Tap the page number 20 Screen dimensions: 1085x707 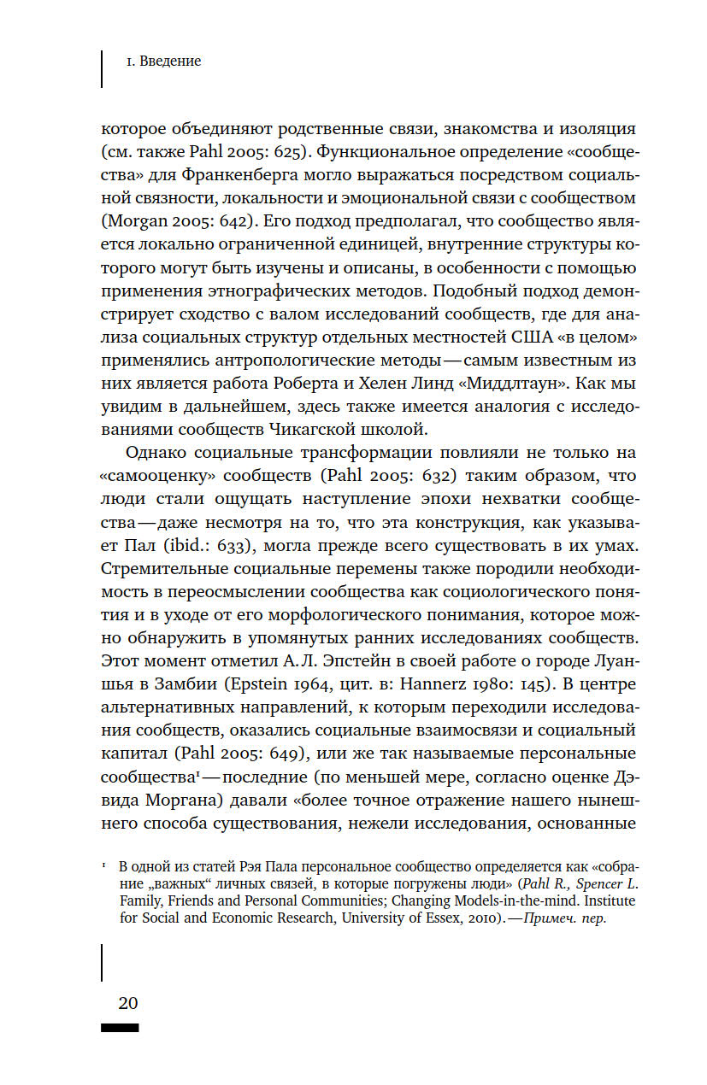click(x=119, y=1002)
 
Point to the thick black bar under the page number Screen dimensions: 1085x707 click(x=120, y=1028)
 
